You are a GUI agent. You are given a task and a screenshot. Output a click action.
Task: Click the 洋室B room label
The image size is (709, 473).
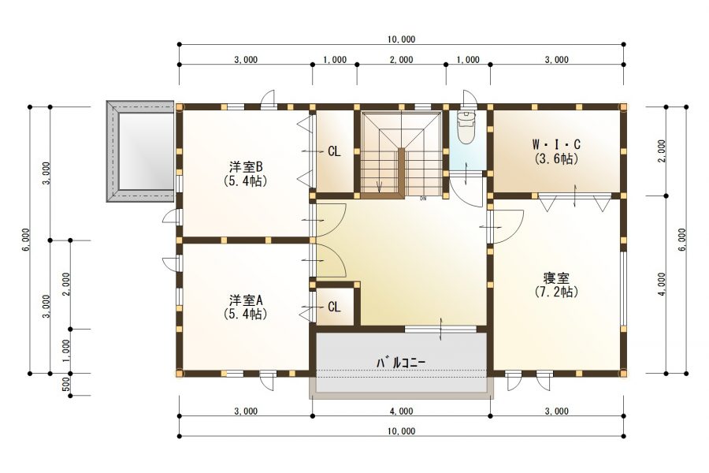pyautogui.click(x=245, y=166)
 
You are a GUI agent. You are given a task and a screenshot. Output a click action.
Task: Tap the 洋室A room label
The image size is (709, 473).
pyautogui.click(x=245, y=300)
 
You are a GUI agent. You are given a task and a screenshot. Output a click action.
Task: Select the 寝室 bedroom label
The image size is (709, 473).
pyautogui.click(x=556, y=278)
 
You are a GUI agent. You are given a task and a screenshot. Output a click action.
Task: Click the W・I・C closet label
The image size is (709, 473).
pyautogui.click(x=556, y=144)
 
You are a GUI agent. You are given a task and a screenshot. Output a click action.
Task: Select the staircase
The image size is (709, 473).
pyautogui.click(x=400, y=153)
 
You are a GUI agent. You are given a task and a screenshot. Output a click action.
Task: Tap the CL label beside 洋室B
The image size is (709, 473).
pyautogui.click(x=334, y=151)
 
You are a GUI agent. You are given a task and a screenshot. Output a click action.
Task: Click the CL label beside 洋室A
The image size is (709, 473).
pyautogui.click(x=334, y=307)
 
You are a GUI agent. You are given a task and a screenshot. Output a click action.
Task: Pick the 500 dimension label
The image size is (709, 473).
pyautogui.click(x=66, y=384)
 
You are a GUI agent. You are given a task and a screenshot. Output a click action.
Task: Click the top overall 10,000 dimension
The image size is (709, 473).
pyautogui.click(x=401, y=39)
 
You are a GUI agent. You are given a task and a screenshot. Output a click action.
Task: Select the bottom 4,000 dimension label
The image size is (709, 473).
pyautogui.click(x=401, y=410)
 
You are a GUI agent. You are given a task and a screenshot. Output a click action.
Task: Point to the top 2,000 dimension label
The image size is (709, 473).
pyautogui.click(x=401, y=60)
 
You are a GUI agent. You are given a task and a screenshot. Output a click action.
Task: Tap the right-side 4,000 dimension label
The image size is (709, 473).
pyautogui.click(x=662, y=284)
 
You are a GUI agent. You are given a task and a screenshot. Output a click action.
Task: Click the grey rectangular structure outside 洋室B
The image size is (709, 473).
pyautogui.click(x=140, y=151)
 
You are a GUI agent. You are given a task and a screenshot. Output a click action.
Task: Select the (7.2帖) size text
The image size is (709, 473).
pyautogui.click(x=556, y=291)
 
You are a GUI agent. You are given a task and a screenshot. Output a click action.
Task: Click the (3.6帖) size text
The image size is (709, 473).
pyautogui.click(x=556, y=158)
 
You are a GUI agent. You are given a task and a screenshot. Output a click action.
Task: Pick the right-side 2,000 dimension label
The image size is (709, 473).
pyautogui.click(x=662, y=150)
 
